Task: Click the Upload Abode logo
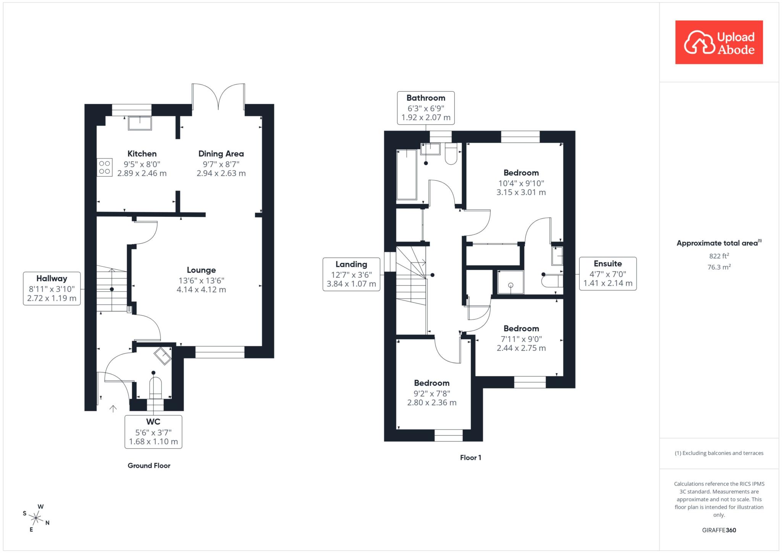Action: (x=719, y=42)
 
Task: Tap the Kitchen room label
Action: (x=142, y=154)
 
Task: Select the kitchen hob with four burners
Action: (x=105, y=167)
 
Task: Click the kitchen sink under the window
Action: (x=140, y=123)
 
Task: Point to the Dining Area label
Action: (x=221, y=154)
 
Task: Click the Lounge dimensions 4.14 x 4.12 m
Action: (x=201, y=290)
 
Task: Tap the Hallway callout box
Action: (x=52, y=289)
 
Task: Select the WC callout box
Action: (x=153, y=432)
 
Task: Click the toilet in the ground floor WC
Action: (x=155, y=387)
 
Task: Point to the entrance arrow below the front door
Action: (x=113, y=409)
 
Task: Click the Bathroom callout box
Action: (x=426, y=108)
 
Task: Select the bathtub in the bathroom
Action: (x=407, y=174)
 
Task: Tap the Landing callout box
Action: (x=351, y=274)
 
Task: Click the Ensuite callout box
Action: (x=608, y=274)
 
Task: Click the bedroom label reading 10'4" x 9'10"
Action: (x=521, y=183)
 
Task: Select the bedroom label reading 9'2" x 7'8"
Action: (x=432, y=393)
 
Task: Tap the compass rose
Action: (x=36, y=518)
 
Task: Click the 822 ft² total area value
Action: (x=719, y=256)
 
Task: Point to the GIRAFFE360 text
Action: (x=719, y=530)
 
